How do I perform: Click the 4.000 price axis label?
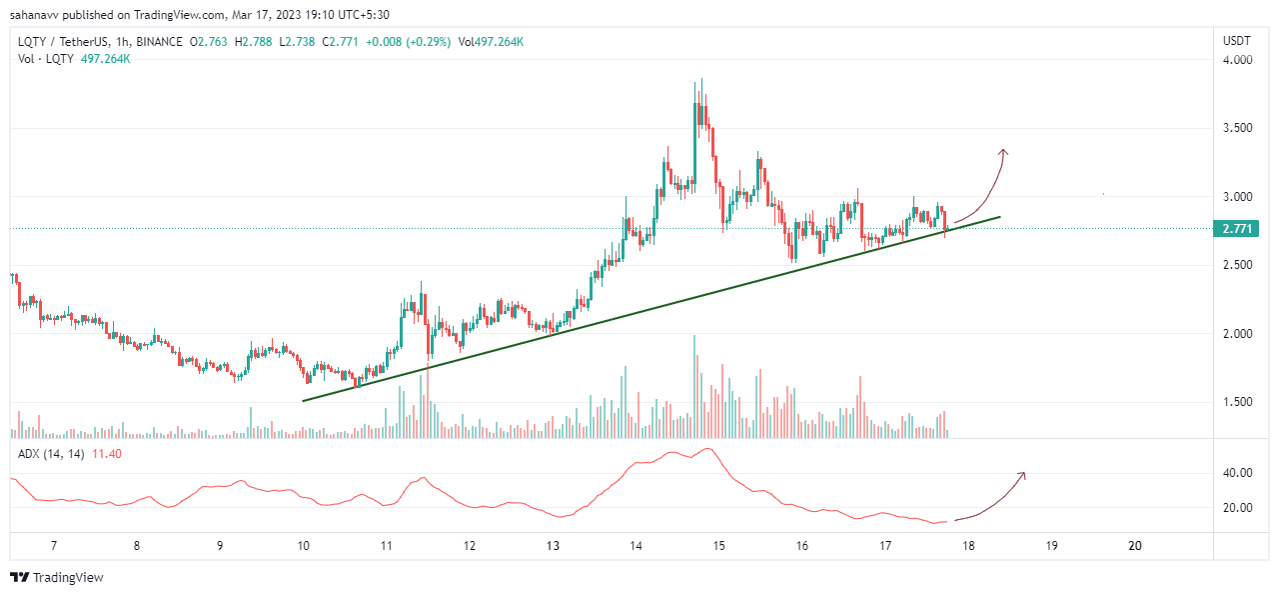(x=1237, y=60)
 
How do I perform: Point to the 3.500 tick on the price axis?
(x=1237, y=127)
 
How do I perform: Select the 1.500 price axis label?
(x=1237, y=402)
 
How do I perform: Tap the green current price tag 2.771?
(x=1236, y=229)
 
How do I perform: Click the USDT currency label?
(x=1237, y=41)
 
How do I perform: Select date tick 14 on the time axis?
(x=636, y=546)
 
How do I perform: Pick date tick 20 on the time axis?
(x=1135, y=546)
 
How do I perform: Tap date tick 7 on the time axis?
(x=54, y=546)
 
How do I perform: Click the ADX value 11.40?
(x=107, y=454)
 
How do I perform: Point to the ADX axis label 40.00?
(x=1237, y=473)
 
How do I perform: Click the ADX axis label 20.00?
(x=1237, y=508)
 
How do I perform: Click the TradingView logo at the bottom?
(x=57, y=577)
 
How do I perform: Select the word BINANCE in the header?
(x=159, y=42)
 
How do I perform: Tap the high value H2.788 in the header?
(x=253, y=42)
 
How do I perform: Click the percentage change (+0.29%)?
(x=429, y=42)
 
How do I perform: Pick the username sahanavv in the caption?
(x=34, y=15)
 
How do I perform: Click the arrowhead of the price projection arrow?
(x=1003, y=152)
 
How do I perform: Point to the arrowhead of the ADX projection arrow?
(x=1022, y=475)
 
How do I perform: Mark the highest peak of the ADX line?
(x=708, y=449)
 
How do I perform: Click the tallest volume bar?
(x=694, y=386)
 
